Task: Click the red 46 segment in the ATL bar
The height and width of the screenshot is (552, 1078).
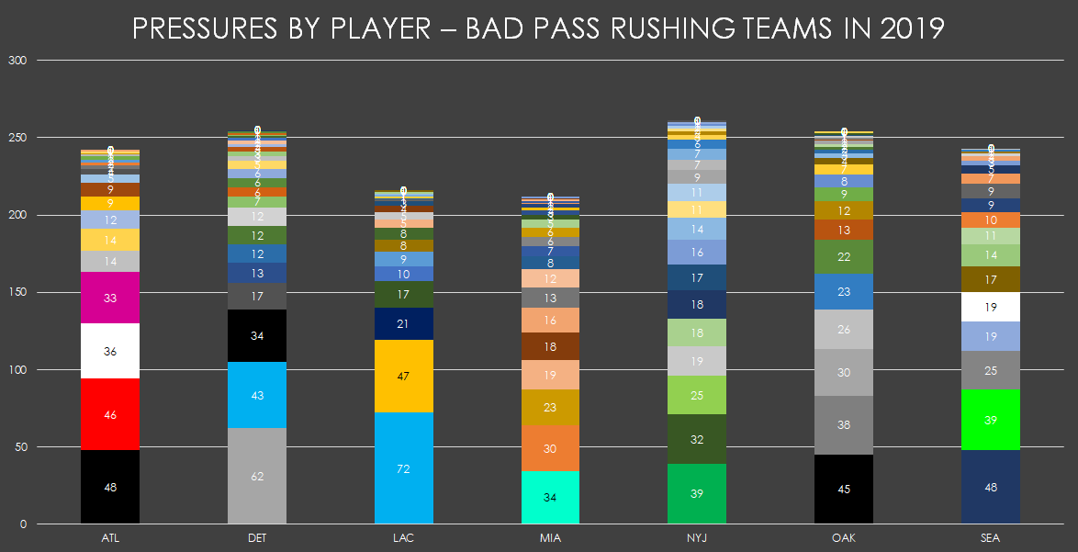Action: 110,414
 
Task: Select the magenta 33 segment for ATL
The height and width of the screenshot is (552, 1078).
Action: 110,298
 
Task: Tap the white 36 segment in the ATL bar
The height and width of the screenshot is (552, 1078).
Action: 110,351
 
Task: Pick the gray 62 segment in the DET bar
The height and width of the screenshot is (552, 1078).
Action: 257,476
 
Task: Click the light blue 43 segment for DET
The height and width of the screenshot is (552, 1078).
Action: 257,395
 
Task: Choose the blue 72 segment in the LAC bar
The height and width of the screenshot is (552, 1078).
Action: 403,468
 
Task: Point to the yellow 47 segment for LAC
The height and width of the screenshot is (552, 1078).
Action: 403,377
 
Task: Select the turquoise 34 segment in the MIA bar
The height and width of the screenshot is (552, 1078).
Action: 550,498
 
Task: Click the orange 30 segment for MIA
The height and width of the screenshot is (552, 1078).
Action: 550,448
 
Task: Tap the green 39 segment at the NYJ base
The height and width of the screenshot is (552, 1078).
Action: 697,494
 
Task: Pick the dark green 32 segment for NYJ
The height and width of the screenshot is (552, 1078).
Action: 697,439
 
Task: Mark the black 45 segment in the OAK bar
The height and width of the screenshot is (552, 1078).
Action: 844,490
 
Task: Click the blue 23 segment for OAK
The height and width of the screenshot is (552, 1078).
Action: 844,291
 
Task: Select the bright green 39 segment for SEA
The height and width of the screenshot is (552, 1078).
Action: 991,420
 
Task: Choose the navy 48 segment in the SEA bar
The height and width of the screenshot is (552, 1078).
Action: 991,487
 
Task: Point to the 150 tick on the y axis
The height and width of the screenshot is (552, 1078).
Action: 19,293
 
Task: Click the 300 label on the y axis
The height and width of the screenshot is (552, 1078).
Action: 19,61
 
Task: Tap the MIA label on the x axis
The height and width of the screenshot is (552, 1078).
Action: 550,538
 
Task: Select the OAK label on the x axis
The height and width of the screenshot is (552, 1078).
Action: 844,538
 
